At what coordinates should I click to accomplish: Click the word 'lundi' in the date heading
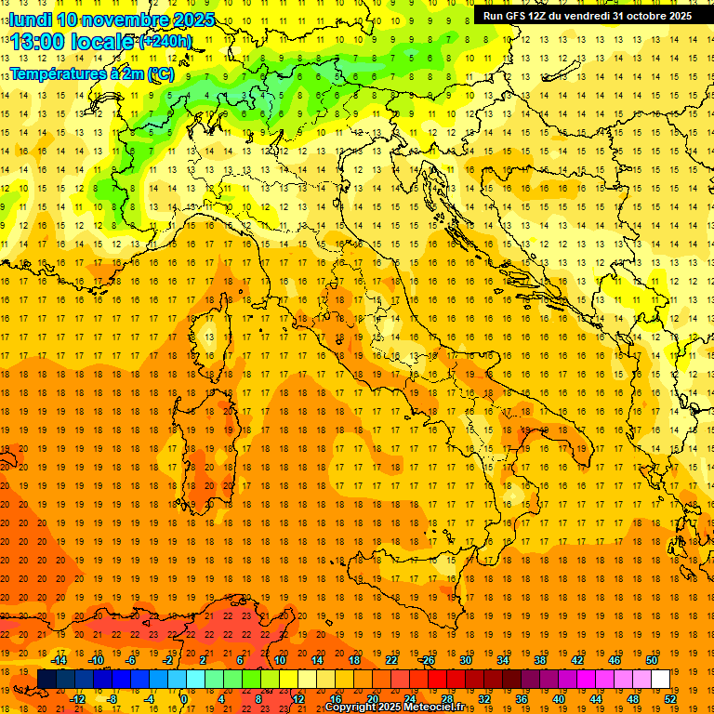pyautogui.click(x=30, y=20)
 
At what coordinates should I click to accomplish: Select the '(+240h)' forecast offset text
pyautogui.click(x=165, y=41)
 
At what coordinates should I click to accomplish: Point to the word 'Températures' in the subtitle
pyautogui.click(x=57, y=73)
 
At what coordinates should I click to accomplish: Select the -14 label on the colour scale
pyautogui.click(x=60, y=660)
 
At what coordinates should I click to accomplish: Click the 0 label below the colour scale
pyautogui.click(x=184, y=699)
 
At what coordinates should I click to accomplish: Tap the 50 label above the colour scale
pyautogui.click(x=652, y=660)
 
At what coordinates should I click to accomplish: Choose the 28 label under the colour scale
pyautogui.click(x=446, y=699)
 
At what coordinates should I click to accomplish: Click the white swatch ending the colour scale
pyautogui.click(x=661, y=680)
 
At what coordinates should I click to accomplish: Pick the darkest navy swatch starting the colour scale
pyautogui.click(x=46, y=680)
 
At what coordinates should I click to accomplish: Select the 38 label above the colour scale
pyautogui.click(x=540, y=660)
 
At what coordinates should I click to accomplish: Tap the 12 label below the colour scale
pyautogui.click(x=297, y=699)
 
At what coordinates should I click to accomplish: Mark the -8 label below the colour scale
pyautogui.click(x=112, y=699)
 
